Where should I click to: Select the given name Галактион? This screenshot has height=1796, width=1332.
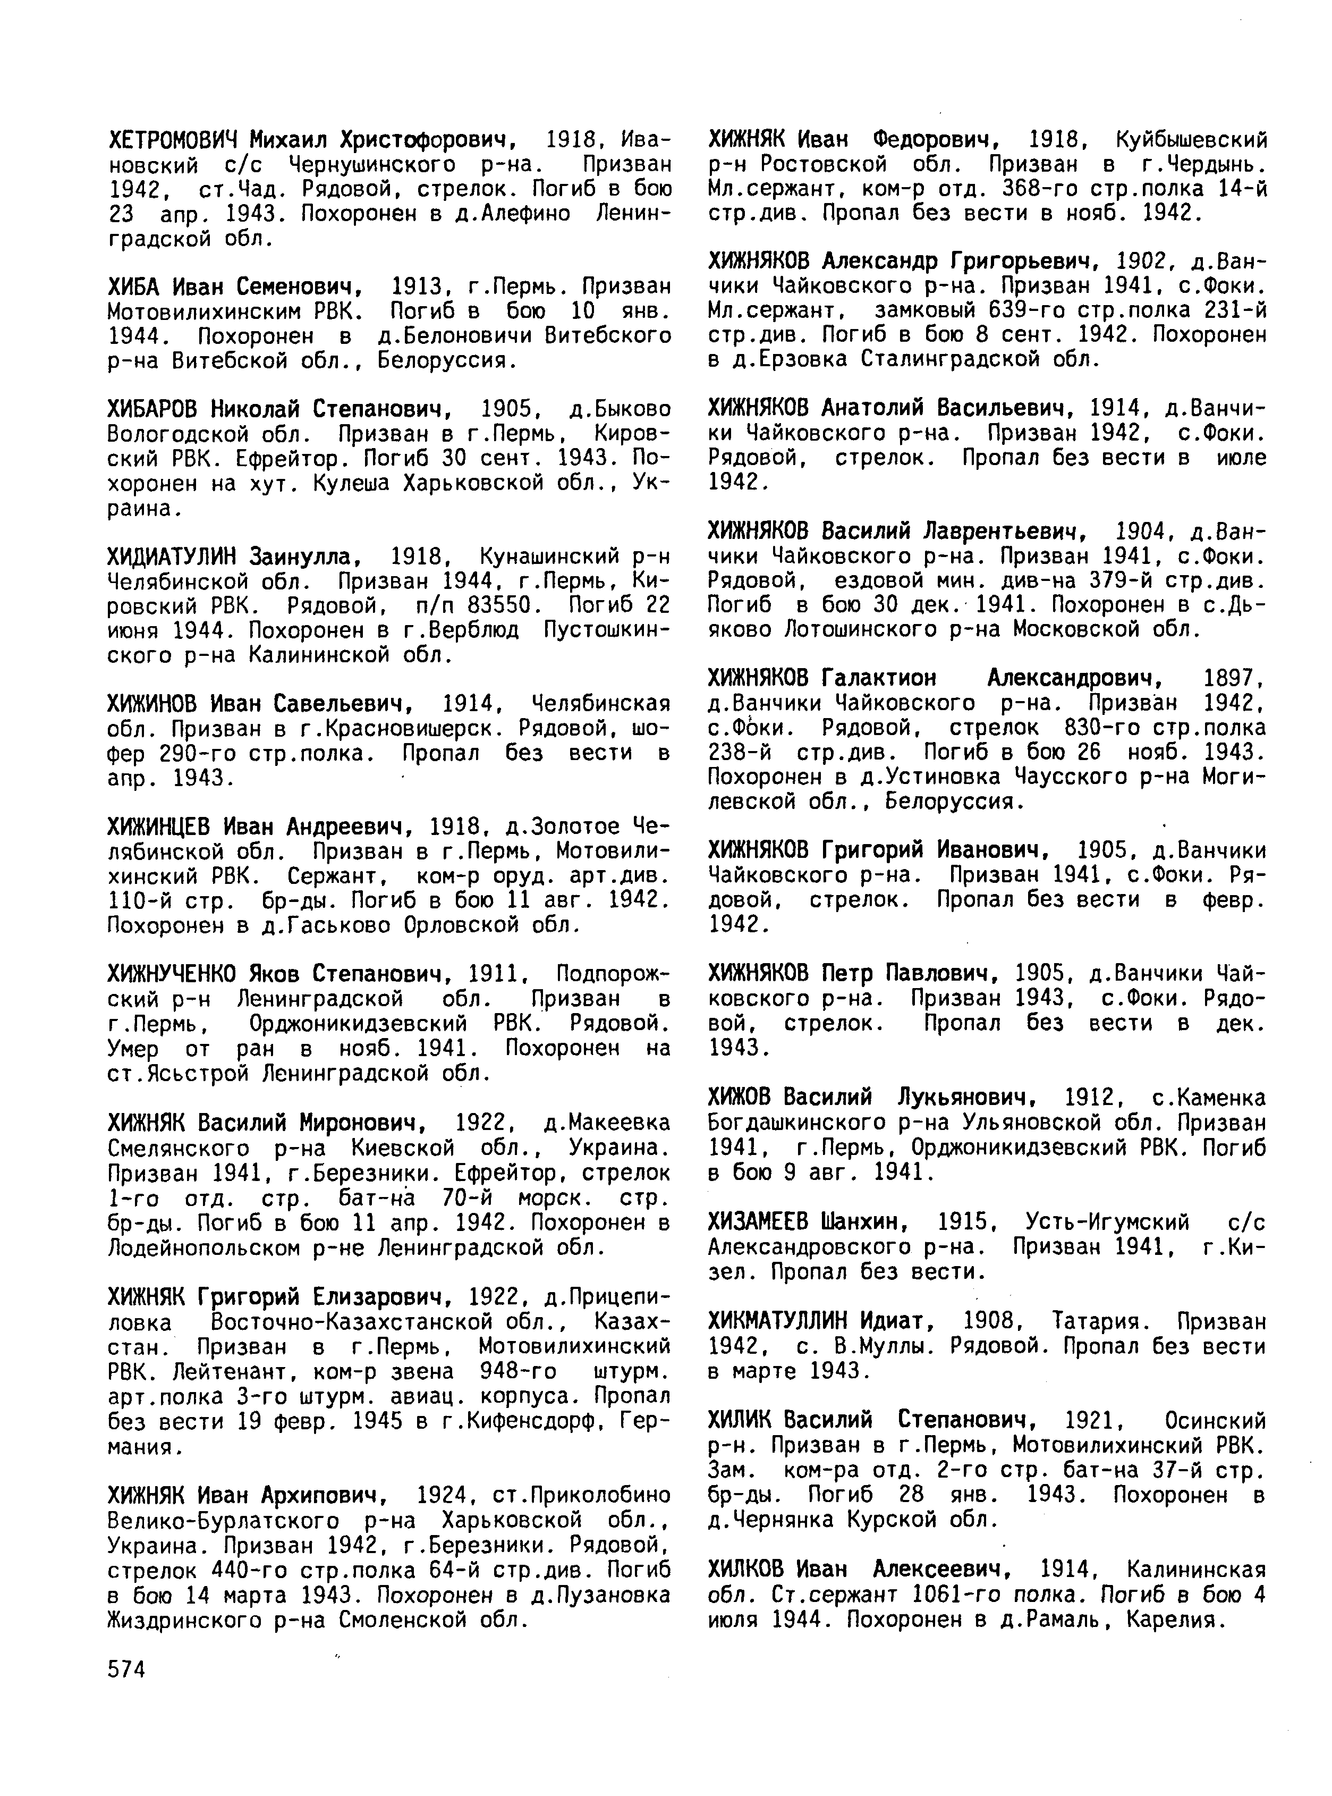879,678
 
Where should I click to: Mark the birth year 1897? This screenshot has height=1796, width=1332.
1231,678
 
